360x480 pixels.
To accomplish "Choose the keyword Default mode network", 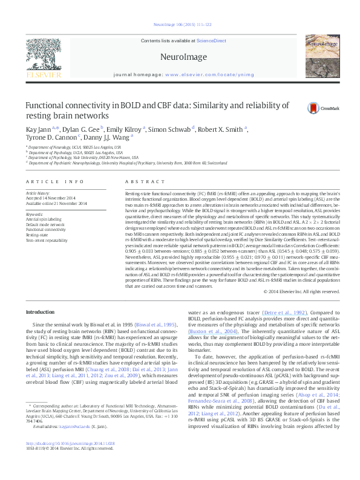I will pyautogui.click(x=45, y=224).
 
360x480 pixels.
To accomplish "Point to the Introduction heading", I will pyautogui.click(x=41, y=312).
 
